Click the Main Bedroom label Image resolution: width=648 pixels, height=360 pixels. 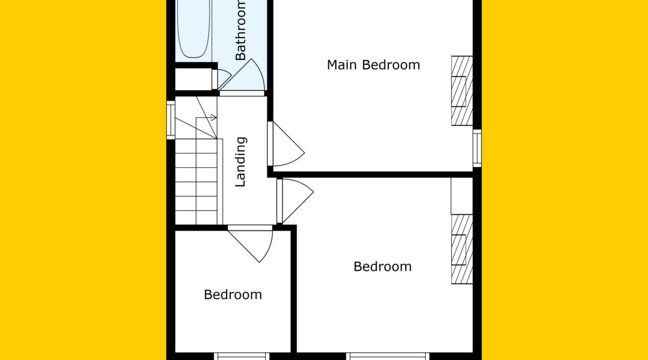[x=373, y=65]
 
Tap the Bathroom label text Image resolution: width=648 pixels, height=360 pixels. [x=240, y=30]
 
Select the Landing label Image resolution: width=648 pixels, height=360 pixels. [x=240, y=162]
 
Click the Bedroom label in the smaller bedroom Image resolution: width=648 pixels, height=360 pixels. [x=233, y=294]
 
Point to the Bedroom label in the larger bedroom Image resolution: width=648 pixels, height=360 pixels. [x=382, y=266]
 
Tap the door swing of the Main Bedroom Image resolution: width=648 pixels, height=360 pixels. [x=286, y=144]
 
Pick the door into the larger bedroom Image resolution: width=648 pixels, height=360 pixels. [x=296, y=200]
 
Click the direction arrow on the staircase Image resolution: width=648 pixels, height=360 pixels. [x=213, y=118]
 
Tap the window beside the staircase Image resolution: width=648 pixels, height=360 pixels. [x=171, y=120]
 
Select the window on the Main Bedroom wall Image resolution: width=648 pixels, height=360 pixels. [x=477, y=148]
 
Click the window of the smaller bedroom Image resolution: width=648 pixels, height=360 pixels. [x=242, y=356]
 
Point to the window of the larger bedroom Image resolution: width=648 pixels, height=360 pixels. [x=388, y=356]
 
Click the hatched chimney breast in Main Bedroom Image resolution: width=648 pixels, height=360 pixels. [x=461, y=91]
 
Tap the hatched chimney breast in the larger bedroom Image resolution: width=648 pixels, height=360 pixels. [x=461, y=249]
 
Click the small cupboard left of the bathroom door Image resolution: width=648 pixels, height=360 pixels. [x=193, y=79]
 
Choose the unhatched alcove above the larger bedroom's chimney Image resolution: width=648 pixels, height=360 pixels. [x=461, y=196]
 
